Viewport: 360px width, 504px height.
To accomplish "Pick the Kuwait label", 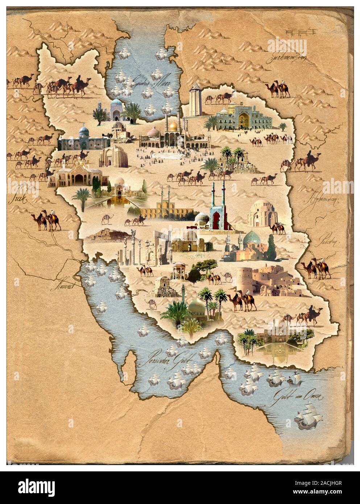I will [65, 286].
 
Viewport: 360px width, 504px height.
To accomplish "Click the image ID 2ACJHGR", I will [328, 484].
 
